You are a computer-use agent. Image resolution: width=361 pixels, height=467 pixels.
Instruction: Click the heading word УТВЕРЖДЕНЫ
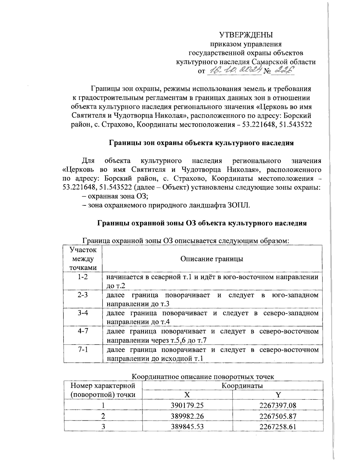[246, 35]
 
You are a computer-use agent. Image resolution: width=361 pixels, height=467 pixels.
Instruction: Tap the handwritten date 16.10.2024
[234, 70]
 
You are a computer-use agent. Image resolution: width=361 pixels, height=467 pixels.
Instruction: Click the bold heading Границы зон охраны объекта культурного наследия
[201, 143]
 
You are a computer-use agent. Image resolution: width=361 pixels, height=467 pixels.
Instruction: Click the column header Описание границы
[211, 259]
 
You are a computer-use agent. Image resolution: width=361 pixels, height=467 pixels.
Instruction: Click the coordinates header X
[187, 395]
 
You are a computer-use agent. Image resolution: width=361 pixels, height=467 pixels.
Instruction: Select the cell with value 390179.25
[187, 405]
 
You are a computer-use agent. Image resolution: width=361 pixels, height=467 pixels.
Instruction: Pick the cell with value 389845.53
[187, 426]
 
